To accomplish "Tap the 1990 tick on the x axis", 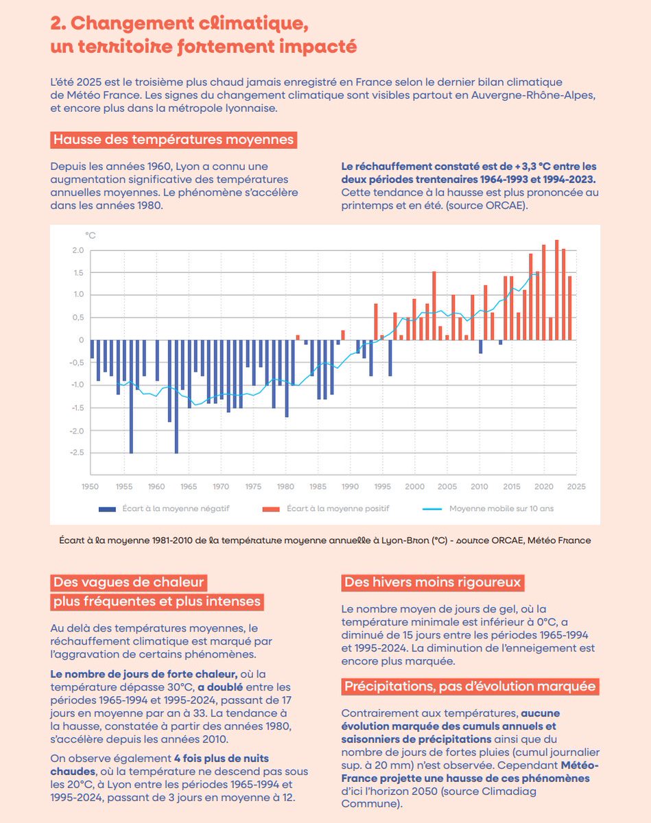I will click(350, 486).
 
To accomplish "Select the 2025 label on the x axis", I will click(576, 486).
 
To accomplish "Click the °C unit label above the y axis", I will click(91, 235).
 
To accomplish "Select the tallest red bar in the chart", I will click(556, 289).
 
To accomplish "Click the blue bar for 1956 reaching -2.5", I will click(131, 396).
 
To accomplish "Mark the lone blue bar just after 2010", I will click(480, 346).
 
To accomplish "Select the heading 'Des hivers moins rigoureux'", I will click(434, 583).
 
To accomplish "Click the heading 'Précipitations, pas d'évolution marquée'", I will click(471, 687).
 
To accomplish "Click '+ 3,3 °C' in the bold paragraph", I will click(520, 167).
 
